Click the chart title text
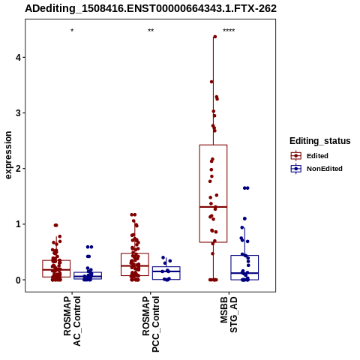click(151, 9)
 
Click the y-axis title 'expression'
click(8, 155)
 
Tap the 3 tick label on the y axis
click(19, 113)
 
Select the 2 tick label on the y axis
click(19, 169)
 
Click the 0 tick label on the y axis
click(19, 280)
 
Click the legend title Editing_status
click(320, 141)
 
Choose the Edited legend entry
click(310, 156)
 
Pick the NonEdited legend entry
click(316, 169)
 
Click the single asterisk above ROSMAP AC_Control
click(72, 31)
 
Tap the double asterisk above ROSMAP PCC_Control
click(151, 31)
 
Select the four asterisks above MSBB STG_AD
click(229, 31)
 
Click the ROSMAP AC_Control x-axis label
click(72, 321)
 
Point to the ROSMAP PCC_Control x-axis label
click(151, 324)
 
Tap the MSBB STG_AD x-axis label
click(229, 315)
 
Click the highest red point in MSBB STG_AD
click(214, 37)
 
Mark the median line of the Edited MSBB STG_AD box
click(213, 207)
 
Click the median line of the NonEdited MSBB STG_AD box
click(244, 273)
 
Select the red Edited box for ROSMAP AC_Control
click(56, 260)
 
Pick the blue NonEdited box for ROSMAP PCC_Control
click(166, 267)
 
